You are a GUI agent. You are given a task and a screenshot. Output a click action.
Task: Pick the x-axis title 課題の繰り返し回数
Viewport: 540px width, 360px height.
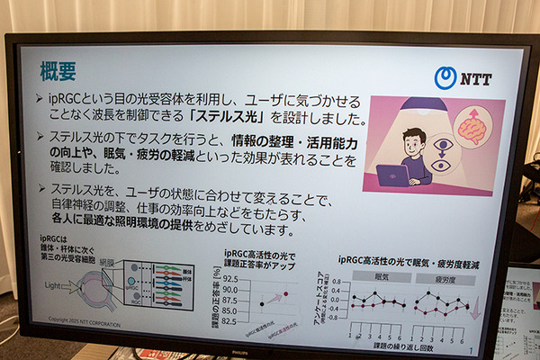(413, 345)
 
